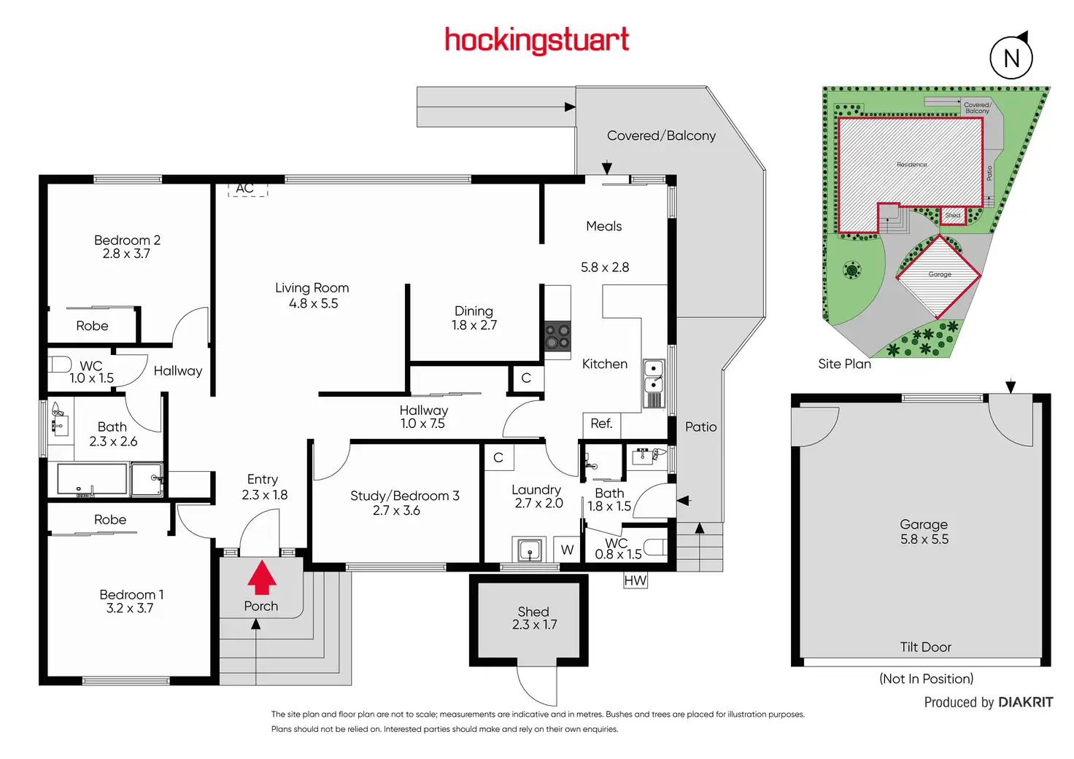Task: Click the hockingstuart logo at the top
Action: point(536,40)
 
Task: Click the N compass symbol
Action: point(1011,58)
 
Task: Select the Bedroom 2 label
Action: point(127,240)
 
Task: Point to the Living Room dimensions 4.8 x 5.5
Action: point(314,303)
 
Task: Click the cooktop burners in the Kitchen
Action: point(557,337)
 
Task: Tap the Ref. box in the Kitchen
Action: point(601,424)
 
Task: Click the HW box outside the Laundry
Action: point(635,580)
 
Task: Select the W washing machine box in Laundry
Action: point(567,550)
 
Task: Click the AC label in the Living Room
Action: point(245,188)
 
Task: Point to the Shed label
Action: point(533,612)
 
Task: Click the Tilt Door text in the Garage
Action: point(925,647)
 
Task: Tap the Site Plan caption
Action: point(844,364)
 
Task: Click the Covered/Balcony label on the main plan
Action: point(661,136)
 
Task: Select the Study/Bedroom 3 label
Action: point(404,496)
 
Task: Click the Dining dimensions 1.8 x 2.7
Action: point(474,325)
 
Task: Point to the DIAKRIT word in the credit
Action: point(1025,702)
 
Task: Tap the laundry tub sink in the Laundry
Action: point(529,549)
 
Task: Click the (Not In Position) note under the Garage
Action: point(926,679)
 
